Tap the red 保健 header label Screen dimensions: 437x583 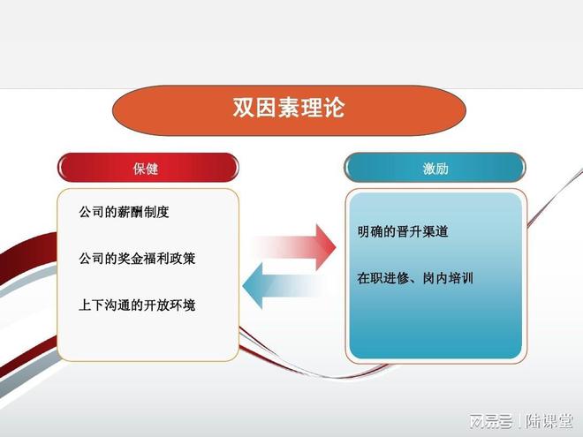pyautogui.click(x=147, y=169)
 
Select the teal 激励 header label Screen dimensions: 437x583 pyautogui.click(x=435, y=169)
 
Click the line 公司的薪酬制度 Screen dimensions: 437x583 pyautogui.click(x=124, y=213)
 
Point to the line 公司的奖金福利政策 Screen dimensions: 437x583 pyautogui.click(x=138, y=259)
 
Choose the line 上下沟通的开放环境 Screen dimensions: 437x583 pyautogui.click(x=138, y=305)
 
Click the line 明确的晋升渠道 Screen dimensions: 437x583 pyautogui.click(x=402, y=232)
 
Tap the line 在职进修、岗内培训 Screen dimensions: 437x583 pyautogui.click(x=415, y=278)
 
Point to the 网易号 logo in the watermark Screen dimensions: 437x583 pyautogui.click(x=491, y=418)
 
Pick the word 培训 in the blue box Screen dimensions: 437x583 pyautogui.click(x=460, y=278)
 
